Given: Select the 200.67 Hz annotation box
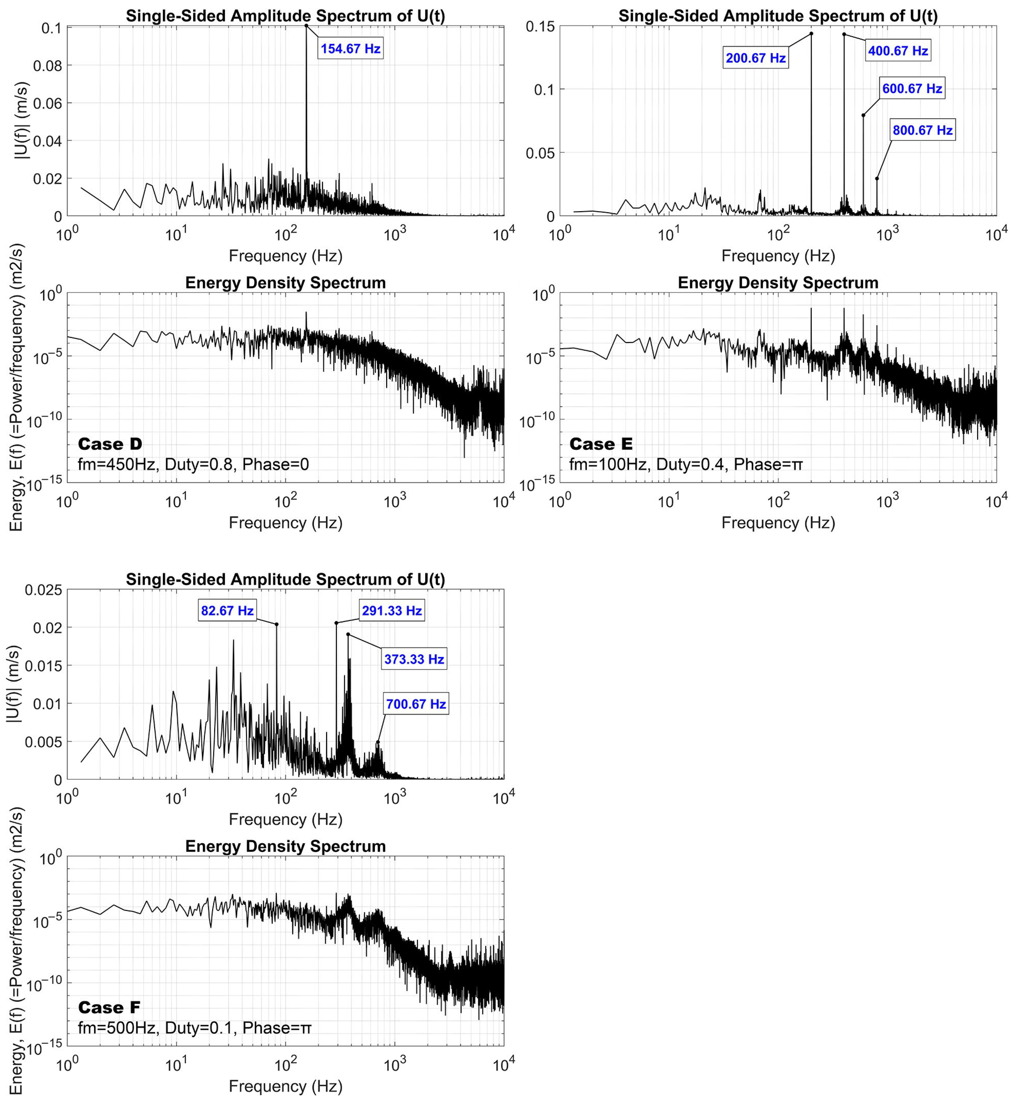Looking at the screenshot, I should (755, 58).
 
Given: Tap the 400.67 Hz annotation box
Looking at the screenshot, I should (898, 51).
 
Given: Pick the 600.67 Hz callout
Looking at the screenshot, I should (912, 88).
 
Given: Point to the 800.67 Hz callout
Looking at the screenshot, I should (923, 130).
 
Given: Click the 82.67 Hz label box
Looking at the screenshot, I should (227, 611).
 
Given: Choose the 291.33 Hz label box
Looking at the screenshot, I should (392, 611).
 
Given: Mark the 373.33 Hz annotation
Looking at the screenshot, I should (414, 659).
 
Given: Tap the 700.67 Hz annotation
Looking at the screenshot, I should (416, 704).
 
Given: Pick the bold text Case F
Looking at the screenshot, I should (109, 1008).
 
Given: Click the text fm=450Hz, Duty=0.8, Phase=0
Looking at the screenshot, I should (193, 464).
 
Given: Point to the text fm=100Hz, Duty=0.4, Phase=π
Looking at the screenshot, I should (686, 464).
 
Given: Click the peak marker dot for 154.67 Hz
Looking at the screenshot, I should (306, 25).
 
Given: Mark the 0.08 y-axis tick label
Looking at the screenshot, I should (48, 66).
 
